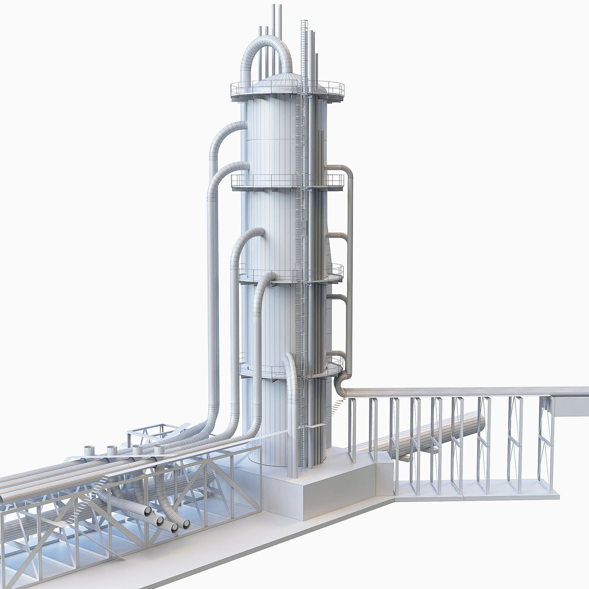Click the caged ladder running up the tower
click(x=304, y=214)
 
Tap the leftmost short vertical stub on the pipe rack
click(x=89, y=452)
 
